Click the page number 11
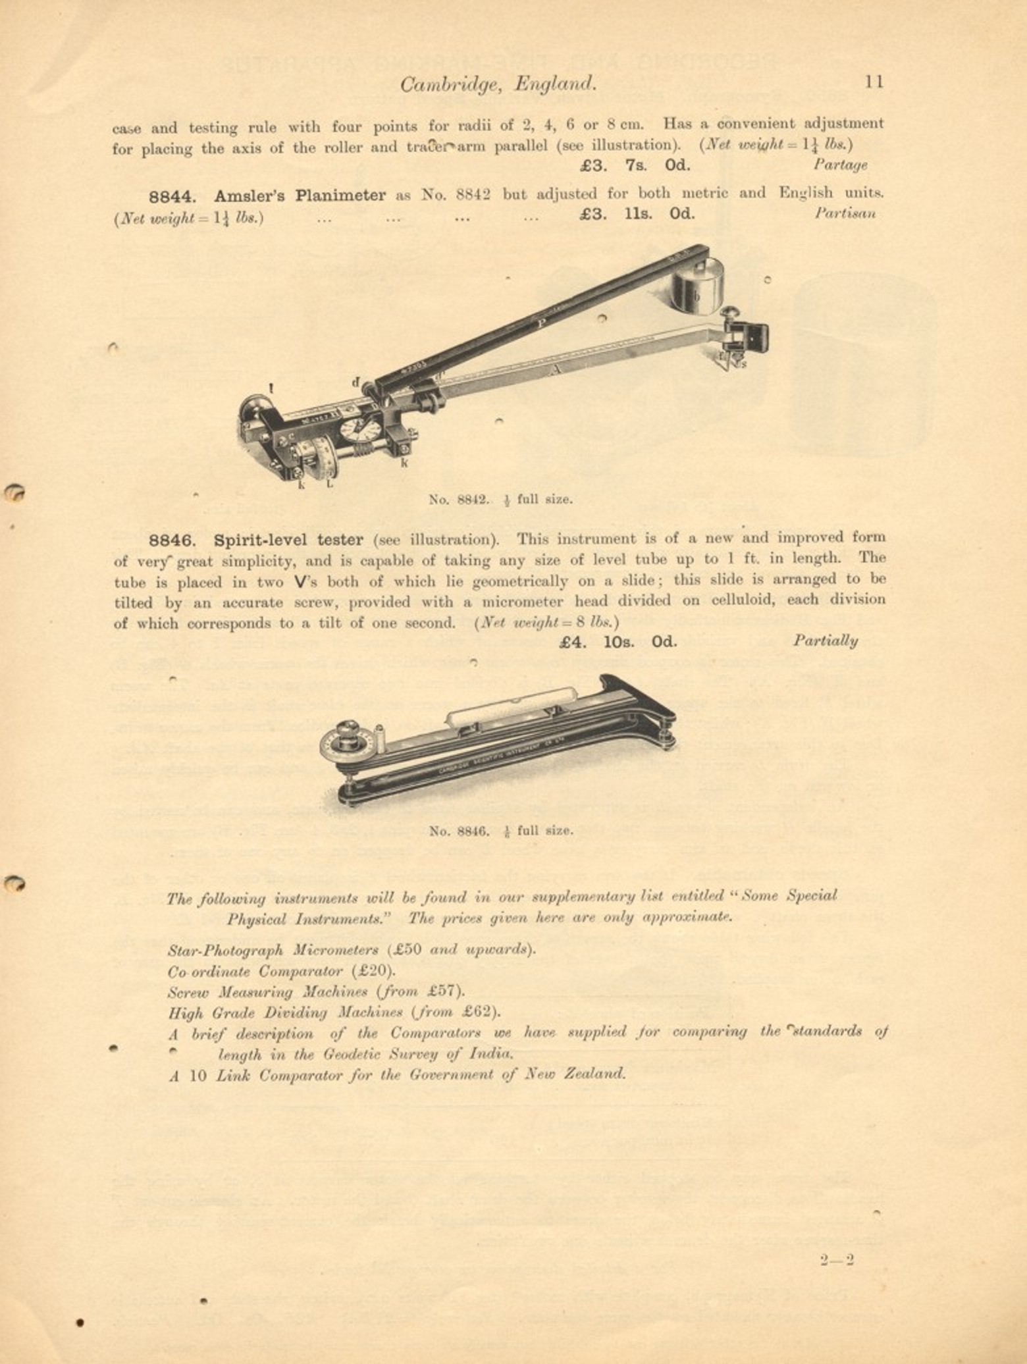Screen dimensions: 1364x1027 click(874, 82)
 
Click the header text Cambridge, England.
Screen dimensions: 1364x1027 click(498, 84)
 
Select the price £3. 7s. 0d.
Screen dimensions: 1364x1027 click(635, 165)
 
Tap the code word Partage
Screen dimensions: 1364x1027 click(840, 165)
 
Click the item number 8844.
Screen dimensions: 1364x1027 click(172, 196)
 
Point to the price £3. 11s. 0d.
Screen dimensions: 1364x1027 click(637, 213)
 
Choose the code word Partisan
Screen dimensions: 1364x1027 click(845, 213)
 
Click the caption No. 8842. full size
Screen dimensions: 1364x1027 click(500, 499)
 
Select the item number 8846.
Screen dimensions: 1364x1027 click(172, 540)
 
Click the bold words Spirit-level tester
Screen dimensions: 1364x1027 click(288, 540)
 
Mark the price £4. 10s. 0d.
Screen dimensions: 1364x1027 click(618, 641)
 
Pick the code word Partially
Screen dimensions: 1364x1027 click(825, 641)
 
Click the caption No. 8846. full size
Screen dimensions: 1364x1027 click(500, 830)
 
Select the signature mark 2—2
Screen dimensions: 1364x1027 click(837, 1261)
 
